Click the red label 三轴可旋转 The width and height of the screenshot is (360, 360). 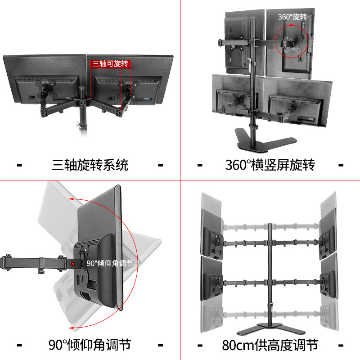[x=111, y=64]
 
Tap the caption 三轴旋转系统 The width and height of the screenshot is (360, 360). [x=90, y=165]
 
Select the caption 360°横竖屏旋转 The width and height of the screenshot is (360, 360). [x=270, y=165]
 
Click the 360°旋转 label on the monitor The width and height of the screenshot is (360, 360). [x=292, y=17]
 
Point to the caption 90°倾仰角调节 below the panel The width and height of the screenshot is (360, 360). [x=90, y=345]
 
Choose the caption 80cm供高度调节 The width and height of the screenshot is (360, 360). [x=270, y=345]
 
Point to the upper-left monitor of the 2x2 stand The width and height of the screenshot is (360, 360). [x=236, y=43]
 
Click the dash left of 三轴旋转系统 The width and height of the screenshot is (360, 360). [x=19, y=165]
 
